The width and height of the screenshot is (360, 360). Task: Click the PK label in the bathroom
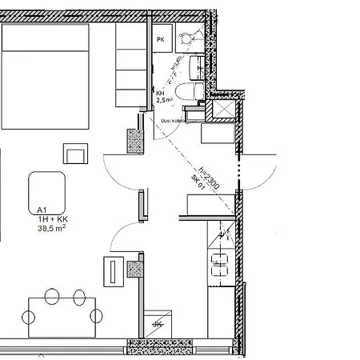coord(160,39)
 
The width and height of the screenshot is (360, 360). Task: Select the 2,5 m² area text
coord(165,101)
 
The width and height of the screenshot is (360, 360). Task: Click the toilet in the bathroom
coord(189,94)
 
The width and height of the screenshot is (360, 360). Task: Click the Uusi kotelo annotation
coord(173,121)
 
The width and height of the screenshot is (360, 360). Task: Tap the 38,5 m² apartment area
coord(52,228)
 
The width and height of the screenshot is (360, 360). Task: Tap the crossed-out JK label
coord(158,326)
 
